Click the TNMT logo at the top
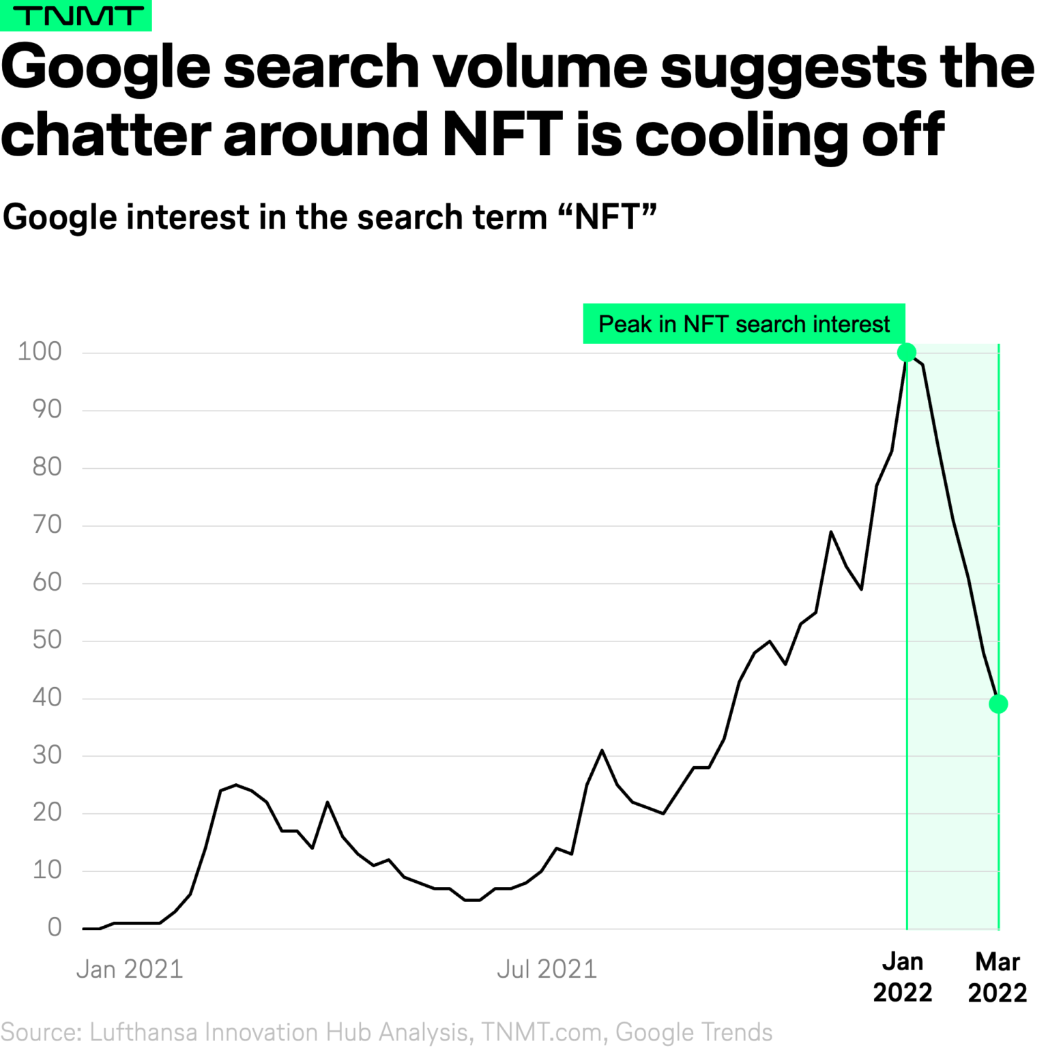76,15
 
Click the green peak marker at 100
906,352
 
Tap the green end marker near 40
998,703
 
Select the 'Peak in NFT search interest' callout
744,323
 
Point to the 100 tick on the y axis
40,351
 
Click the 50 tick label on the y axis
46,639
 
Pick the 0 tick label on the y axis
55,927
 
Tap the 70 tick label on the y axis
46,524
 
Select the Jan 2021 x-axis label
130,969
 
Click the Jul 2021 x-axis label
547,969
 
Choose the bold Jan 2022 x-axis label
902,976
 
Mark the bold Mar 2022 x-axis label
997,976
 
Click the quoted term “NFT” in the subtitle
607,217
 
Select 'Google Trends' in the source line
694,1032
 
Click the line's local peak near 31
602,751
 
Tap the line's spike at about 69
830,532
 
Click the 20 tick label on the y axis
46,812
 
